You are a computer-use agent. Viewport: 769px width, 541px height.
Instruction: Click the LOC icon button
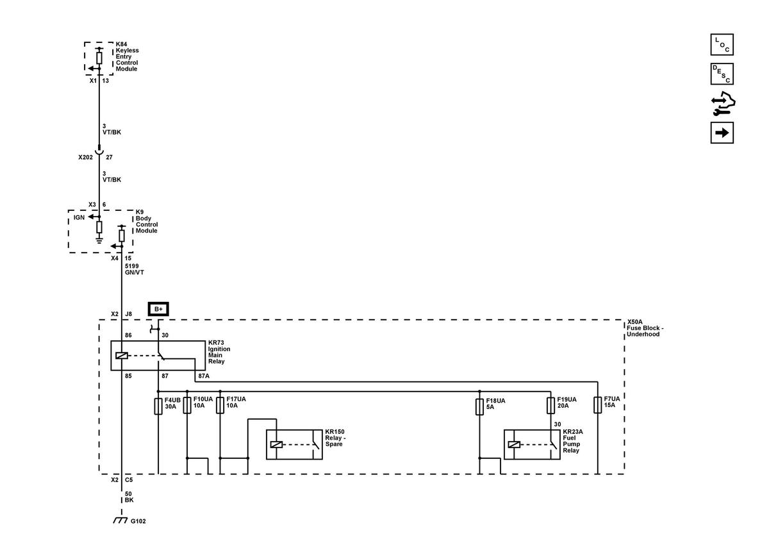[722, 44]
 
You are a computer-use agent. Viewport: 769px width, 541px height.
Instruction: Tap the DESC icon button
[722, 74]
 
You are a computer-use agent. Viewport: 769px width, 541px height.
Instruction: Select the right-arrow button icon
[722, 133]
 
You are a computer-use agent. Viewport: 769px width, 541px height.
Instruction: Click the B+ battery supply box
[158, 309]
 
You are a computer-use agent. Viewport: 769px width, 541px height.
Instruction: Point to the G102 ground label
[138, 521]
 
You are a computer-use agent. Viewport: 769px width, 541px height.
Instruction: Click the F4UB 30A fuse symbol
[158, 406]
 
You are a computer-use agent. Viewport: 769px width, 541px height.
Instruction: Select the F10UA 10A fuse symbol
[187, 405]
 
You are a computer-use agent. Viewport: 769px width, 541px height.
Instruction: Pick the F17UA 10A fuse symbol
[220, 405]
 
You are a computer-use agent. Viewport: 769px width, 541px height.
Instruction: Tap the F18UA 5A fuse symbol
[479, 406]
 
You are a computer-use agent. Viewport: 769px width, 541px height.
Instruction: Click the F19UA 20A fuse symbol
[550, 405]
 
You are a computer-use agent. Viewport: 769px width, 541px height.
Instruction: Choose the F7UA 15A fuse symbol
[598, 404]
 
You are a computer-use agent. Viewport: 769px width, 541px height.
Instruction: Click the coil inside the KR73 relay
[122, 356]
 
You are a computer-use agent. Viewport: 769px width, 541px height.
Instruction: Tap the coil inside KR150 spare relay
[276, 444]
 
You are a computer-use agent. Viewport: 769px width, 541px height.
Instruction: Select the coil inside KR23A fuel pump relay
[514, 444]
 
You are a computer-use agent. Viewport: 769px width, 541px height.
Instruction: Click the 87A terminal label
[204, 376]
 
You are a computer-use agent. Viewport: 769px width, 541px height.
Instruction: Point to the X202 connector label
[85, 157]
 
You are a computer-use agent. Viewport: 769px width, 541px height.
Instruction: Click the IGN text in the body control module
[79, 217]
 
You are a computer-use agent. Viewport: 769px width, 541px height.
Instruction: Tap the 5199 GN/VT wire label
[134, 269]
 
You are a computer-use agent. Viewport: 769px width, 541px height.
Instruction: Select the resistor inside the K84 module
[99, 58]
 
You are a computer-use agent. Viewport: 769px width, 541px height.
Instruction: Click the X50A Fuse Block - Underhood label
[645, 328]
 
